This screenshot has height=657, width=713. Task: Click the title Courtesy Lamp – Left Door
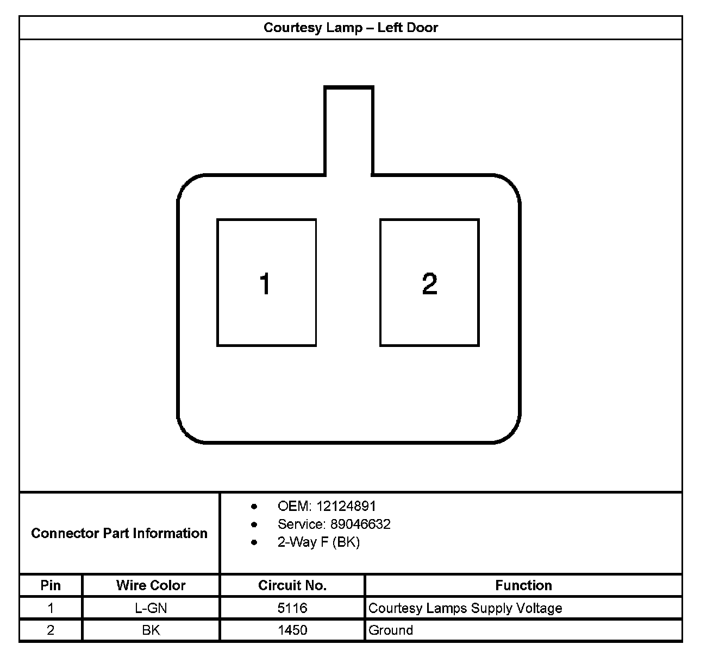(x=351, y=28)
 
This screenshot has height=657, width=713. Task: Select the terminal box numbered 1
(x=266, y=282)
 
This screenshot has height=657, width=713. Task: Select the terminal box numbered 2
(x=429, y=282)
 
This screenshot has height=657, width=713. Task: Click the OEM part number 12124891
(x=346, y=506)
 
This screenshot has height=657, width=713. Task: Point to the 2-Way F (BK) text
(x=318, y=542)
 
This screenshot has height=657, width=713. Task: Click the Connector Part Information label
(x=119, y=533)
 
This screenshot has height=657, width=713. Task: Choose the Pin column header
(x=51, y=585)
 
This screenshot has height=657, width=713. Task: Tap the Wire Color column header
(x=151, y=585)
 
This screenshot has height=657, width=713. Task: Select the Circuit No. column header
(x=292, y=585)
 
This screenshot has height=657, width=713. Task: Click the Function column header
(x=523, y=585)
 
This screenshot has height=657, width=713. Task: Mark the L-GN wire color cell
(x=151, y=608)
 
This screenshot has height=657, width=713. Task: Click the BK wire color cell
(x=151, y=630)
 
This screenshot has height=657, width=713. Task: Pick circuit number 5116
(x=292, y=608)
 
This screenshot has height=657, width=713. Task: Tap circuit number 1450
(x=292, y=630)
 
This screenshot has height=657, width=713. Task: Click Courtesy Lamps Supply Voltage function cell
(x=465, y=608)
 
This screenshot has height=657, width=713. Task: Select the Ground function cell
(x=391, y=630)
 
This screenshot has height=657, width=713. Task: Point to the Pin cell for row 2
(x=51, y=630)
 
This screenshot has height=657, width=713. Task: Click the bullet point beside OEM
(x=254, y=507)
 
